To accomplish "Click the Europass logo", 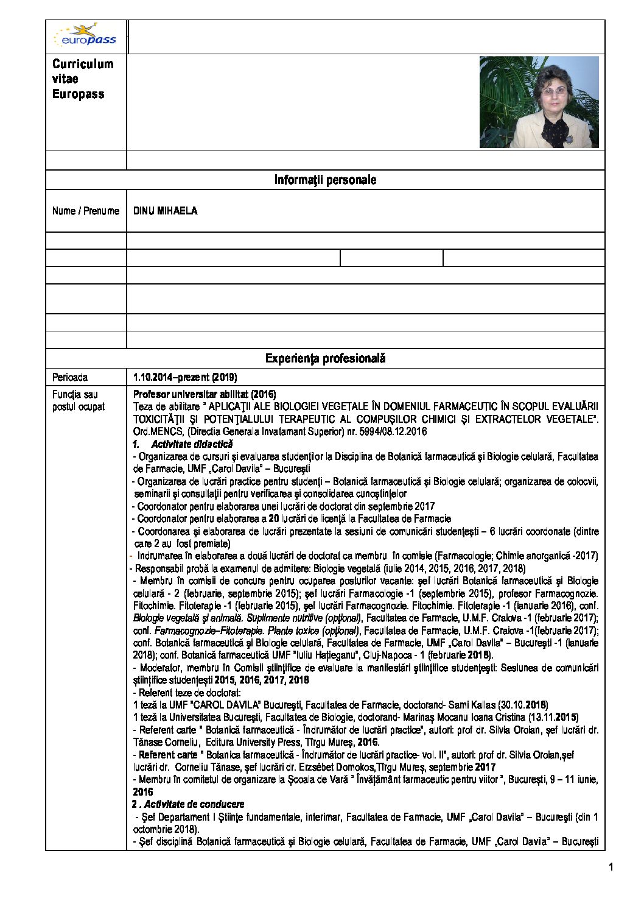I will [85, 36].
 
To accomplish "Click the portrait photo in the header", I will [539, 102].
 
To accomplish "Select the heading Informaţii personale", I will [325, 180].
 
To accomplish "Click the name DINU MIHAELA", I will [165, 211].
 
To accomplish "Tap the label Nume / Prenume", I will [86, 211].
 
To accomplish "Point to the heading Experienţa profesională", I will [325, 359].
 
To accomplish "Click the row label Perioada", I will [70, 377].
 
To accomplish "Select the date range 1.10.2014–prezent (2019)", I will [185, 377].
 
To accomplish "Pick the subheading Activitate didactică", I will [192, 444].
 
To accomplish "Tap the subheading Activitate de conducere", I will [194, 804].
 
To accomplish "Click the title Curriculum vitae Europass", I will [82, 79].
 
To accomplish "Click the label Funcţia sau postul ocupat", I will [79, 401].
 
